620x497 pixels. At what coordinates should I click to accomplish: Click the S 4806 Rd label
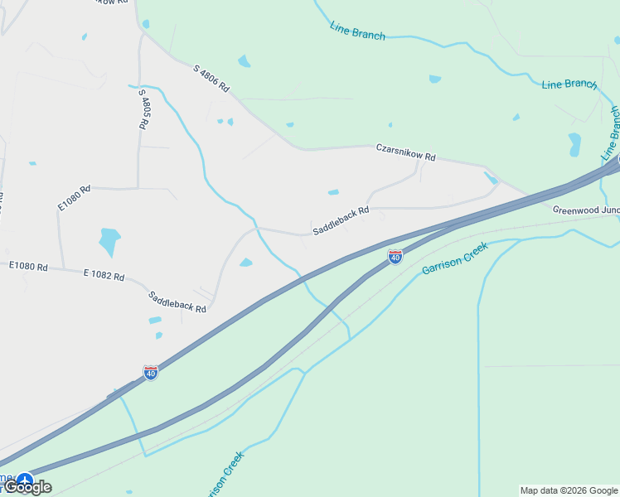click(211, 78)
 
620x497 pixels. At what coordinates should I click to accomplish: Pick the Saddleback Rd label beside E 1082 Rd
click(177, 301)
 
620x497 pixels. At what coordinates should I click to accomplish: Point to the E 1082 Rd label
click(104, 275)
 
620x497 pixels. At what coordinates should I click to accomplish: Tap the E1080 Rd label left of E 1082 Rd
click(28, 267)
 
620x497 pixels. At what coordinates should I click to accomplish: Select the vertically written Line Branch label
click(612, 133)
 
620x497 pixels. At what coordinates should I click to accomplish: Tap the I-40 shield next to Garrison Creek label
click(395, 258)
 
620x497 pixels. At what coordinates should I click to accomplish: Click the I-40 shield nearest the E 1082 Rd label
click(150, 373)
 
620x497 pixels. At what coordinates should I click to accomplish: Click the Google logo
click(28, 487)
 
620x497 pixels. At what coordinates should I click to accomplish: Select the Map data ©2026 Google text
click(569, 490)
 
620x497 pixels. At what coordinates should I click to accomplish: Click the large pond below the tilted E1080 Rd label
click(109, 241)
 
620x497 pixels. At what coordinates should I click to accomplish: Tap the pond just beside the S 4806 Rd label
click(244, 61)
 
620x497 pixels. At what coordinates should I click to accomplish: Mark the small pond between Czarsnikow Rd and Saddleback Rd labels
click(333, 192)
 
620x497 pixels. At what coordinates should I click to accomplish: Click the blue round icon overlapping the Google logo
click(25, 480)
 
